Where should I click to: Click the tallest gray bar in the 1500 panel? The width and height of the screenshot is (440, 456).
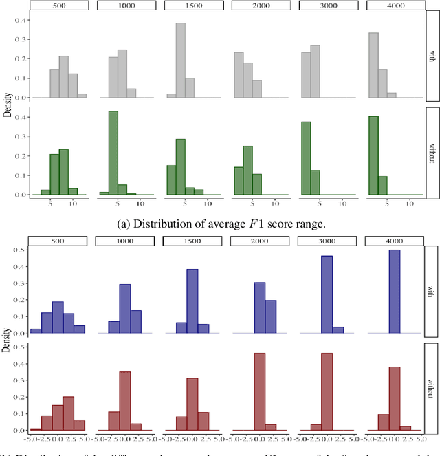[x=180, y=61]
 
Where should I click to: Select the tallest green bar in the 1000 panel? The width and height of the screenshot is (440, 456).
[x=113, y=153]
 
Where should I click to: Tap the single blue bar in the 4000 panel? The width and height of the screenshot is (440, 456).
[x=395, y=292]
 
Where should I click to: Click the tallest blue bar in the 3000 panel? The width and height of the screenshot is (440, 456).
[x=327, y=294]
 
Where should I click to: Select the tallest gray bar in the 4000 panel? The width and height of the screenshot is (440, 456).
[x=373, y=65]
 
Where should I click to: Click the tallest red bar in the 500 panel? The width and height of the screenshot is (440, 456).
[x=69, y=411]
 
